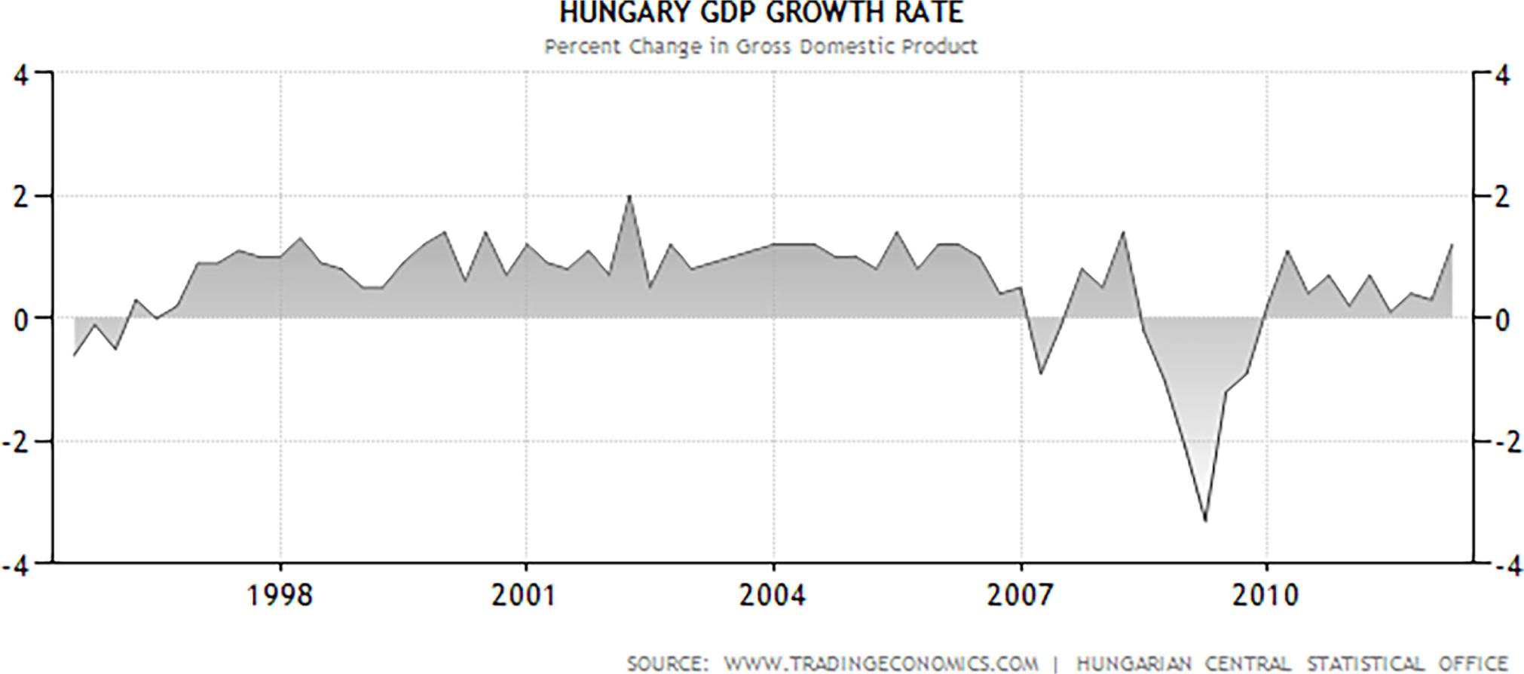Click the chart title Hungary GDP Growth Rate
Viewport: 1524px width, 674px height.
click(761, 13)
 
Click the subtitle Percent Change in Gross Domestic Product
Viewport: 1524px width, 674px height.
click(761, 47)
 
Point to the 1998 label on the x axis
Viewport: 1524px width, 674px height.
click(280, 596)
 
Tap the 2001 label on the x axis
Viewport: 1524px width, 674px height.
click(525, 596)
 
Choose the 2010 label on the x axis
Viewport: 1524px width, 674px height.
click(1266, 596)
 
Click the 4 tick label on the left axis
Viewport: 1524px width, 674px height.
click(22, 76)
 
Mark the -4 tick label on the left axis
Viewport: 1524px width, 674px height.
click(17, 566)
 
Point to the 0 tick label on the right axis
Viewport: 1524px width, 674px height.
click(1501, 320)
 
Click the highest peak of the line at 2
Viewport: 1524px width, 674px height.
click(629, 196)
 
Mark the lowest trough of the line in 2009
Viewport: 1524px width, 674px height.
click(1205, 521)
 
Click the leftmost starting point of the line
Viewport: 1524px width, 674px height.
click(74, 355)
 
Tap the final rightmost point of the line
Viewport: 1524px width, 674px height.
click(1452, 245)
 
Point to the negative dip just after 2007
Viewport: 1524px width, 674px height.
click(1041, 373)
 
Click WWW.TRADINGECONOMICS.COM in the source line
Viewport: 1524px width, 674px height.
click(880, 663)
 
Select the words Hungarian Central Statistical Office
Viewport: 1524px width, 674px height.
click(1292, 663)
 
